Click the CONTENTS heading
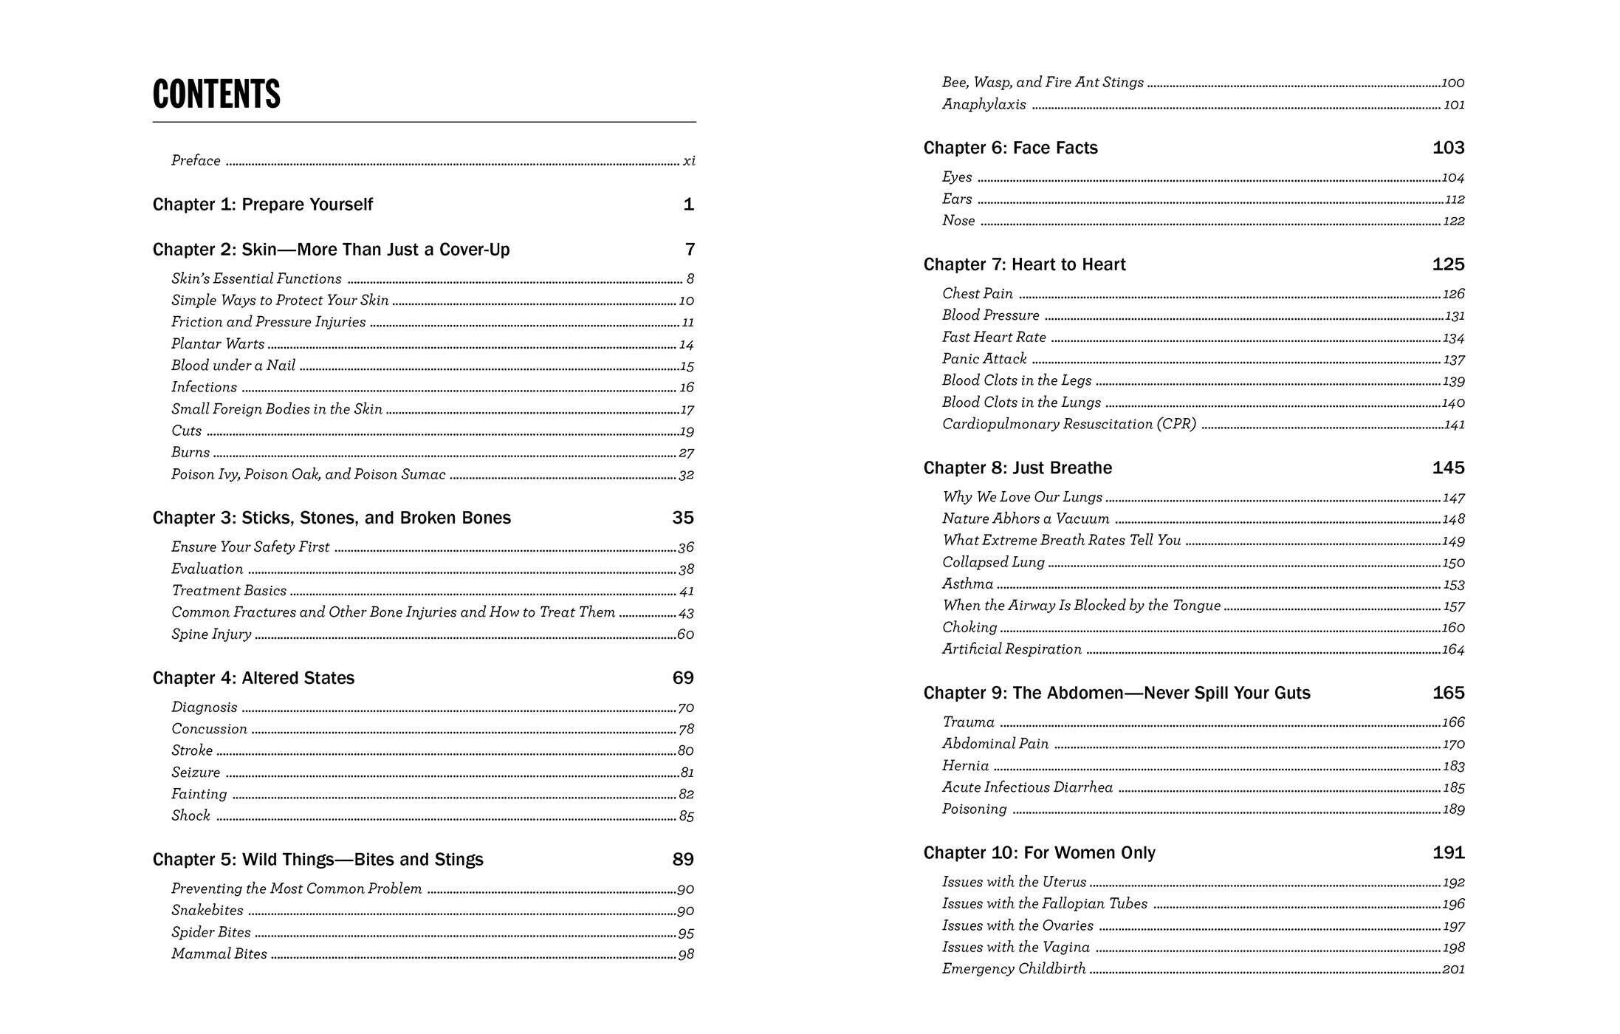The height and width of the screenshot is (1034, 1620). pos(216,95)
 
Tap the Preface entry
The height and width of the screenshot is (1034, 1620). pos(196,161)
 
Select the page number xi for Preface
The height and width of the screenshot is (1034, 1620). pos(688,161)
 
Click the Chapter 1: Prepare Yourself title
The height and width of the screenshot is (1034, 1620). pos(262,205)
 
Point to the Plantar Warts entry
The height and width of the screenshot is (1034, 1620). pos(218,344)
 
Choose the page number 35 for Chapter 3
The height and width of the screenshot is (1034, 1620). pos(683,518)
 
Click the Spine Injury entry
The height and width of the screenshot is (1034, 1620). pos(211,634)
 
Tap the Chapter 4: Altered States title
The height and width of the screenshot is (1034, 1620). pos(253,678)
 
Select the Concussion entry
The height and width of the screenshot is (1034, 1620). pos(209,729)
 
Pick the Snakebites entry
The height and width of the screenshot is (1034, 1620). pos(207,911)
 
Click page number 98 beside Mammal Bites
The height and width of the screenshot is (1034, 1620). pos(686,955)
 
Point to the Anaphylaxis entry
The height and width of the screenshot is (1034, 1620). pos(984,105)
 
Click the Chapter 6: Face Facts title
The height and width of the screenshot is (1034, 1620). pos(1010,148)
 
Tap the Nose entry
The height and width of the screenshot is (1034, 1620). pos(958,221)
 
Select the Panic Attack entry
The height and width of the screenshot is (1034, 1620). pos(984,359)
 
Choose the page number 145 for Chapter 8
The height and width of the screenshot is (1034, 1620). pos(1448,468)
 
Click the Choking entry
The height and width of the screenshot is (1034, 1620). pos(969,628)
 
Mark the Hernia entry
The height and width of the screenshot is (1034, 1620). pos(965,766)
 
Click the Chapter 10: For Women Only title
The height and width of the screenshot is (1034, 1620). pos(1039,853)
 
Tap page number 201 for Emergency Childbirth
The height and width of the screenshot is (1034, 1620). pos(1453,970)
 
